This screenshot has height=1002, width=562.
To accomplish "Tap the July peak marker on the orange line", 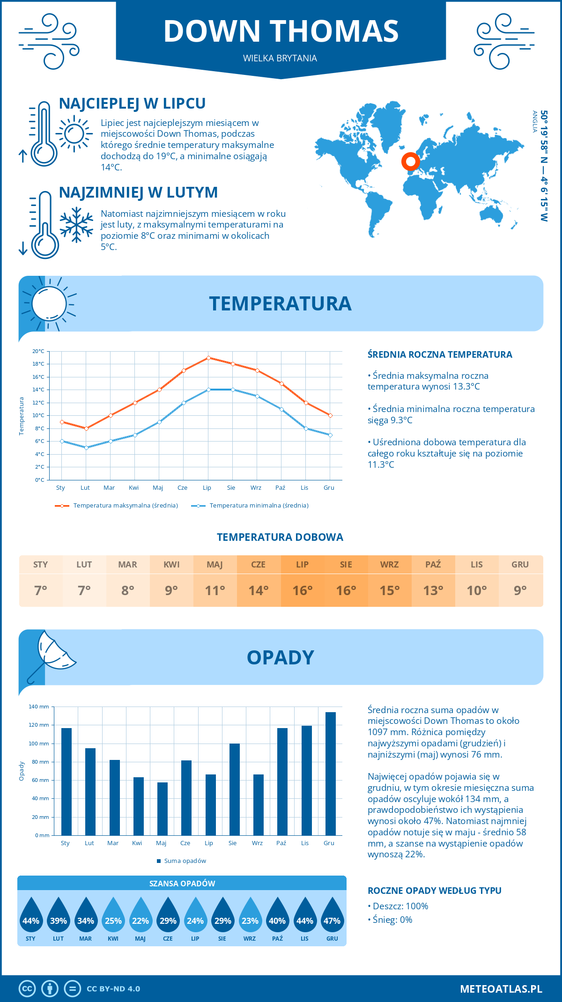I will [208, 358].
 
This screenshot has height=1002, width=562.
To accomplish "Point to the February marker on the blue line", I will [86, 448].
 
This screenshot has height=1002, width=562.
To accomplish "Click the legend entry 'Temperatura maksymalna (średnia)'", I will [125, 506].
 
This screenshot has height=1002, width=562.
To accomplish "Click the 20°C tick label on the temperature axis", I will [38, 351].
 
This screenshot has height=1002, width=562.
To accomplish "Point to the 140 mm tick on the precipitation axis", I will [39, 707].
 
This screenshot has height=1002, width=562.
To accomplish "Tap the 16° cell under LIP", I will [302, 590].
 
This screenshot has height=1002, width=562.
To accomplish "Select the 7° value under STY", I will [41, 590].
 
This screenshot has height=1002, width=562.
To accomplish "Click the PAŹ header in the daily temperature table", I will [433, 565].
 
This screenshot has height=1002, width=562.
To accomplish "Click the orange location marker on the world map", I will [411, 162].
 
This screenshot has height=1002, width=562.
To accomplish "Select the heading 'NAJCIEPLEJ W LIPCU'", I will [132, 103].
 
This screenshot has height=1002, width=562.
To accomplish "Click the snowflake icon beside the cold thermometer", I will [76, 225].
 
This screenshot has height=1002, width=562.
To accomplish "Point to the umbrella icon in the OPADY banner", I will [52, 653].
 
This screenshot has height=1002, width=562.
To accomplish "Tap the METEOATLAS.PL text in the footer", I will [501, 989].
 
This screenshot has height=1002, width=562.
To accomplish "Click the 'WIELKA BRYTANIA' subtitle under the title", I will [280, 58].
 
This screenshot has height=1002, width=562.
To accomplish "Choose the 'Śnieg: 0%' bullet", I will [392, 920].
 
